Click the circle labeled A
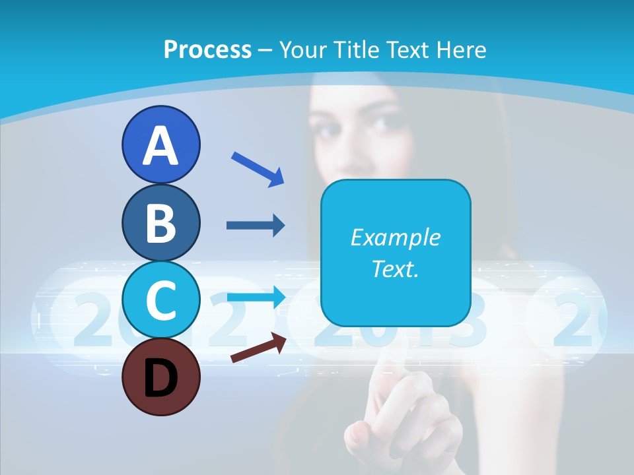tap(160, 145)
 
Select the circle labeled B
tap(160, 223)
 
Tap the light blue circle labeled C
tap(160, 300)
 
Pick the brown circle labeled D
tap(160, 377)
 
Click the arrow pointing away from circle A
tap(258, 169)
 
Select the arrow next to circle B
tap(256, 226)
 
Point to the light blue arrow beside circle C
tap(257, 296)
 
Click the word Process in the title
tap(207, 49)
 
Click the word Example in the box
tap(395, 237)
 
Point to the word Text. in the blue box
tap(395, 269)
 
